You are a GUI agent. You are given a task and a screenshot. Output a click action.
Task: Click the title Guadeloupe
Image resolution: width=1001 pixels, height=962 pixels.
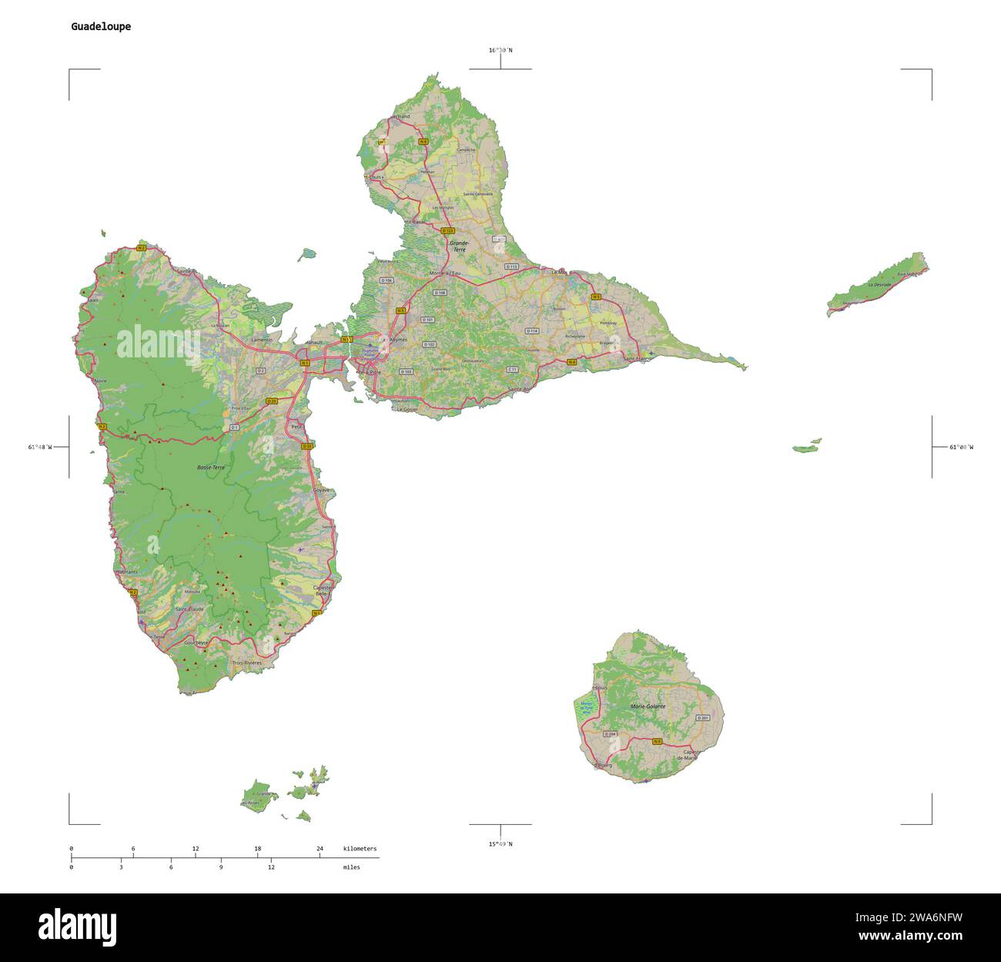[x=101, y=26]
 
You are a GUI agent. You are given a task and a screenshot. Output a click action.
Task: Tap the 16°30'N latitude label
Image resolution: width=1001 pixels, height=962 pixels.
[x=500, y=50]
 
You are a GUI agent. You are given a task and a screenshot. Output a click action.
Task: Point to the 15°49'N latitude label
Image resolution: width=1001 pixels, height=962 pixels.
[x=500, y=844]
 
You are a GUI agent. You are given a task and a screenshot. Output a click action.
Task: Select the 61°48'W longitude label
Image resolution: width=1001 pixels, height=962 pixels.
[x=40, y=447]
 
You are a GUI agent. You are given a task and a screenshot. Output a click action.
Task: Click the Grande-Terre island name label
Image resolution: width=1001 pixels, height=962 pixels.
[x=459, y=247]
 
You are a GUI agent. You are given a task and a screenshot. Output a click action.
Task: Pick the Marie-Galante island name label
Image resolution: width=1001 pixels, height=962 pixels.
[x=648, y=706]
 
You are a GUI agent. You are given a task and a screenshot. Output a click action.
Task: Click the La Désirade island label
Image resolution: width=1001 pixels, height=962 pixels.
[x=879, y=284]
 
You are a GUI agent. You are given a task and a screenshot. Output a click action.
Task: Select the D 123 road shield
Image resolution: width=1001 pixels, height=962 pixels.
[x=448, y=230]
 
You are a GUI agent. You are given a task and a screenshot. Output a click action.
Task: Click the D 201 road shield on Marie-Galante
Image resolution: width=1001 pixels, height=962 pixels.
[x=702, y=718]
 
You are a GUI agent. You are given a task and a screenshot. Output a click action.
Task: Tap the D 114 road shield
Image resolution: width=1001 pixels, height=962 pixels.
[x=532, y=330]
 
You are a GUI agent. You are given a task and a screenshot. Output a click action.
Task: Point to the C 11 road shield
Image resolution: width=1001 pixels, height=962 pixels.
[x=512, y=370]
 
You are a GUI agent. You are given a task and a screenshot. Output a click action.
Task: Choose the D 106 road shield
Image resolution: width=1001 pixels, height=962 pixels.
[x=387, y=280]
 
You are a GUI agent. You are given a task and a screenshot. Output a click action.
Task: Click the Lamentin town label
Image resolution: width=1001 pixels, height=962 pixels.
[x=263, y=340]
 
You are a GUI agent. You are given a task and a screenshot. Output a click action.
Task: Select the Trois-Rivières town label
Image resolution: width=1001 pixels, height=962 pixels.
[x=247, y=662]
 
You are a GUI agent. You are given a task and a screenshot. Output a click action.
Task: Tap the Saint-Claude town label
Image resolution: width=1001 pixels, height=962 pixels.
[x=190, y=609]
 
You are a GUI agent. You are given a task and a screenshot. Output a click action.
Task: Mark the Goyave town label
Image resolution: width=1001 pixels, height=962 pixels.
[x=322, y=490]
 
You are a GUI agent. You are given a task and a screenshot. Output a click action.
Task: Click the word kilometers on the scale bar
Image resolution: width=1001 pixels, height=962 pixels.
[x=360, y=849]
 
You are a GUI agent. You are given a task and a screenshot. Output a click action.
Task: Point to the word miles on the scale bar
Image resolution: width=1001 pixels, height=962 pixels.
[x=351, y=867]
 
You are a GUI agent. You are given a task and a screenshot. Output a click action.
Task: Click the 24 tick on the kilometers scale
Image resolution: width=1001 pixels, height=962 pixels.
[x=320, y=849]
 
